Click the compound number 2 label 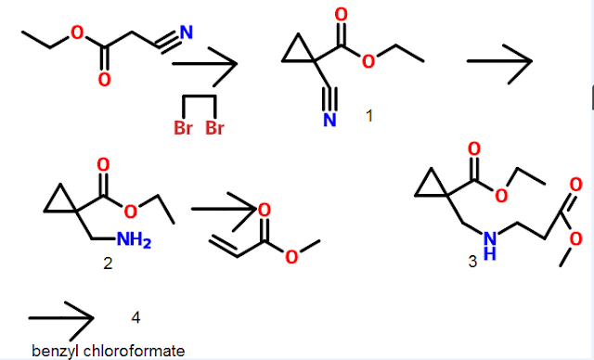click(108, 264)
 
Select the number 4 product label click(136, 317)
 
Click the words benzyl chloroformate click(108, 350)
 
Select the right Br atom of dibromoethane click(214, 128)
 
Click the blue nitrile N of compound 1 click(329, 121)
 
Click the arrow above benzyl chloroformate click(61, 318)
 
